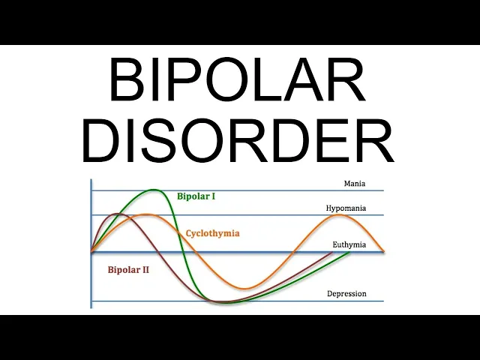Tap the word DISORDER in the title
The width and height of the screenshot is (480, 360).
[238, 140]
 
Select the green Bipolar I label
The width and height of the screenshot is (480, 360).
[196, 196]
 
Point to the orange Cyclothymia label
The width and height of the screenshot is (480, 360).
[212, 233]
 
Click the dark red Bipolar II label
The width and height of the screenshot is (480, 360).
[128, 268]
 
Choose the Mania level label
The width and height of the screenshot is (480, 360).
[355, 183]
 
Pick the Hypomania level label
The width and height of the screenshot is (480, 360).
[346, 208]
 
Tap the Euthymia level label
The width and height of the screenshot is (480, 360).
[349, 244]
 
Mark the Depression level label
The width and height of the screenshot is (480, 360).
[346, 293]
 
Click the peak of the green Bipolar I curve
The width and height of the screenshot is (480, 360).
[154, 190]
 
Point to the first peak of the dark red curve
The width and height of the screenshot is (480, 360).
[116, 214]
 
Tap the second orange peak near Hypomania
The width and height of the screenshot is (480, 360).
[340, 215]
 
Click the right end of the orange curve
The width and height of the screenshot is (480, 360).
[384, 251]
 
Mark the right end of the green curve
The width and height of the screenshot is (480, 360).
[349, 252]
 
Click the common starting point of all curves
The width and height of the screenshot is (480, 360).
[91, 250]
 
